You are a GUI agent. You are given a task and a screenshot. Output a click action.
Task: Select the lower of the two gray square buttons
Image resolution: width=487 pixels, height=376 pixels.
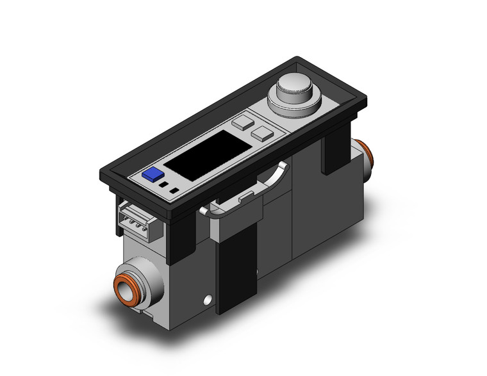pyautogui.click(x=261, y=133)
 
